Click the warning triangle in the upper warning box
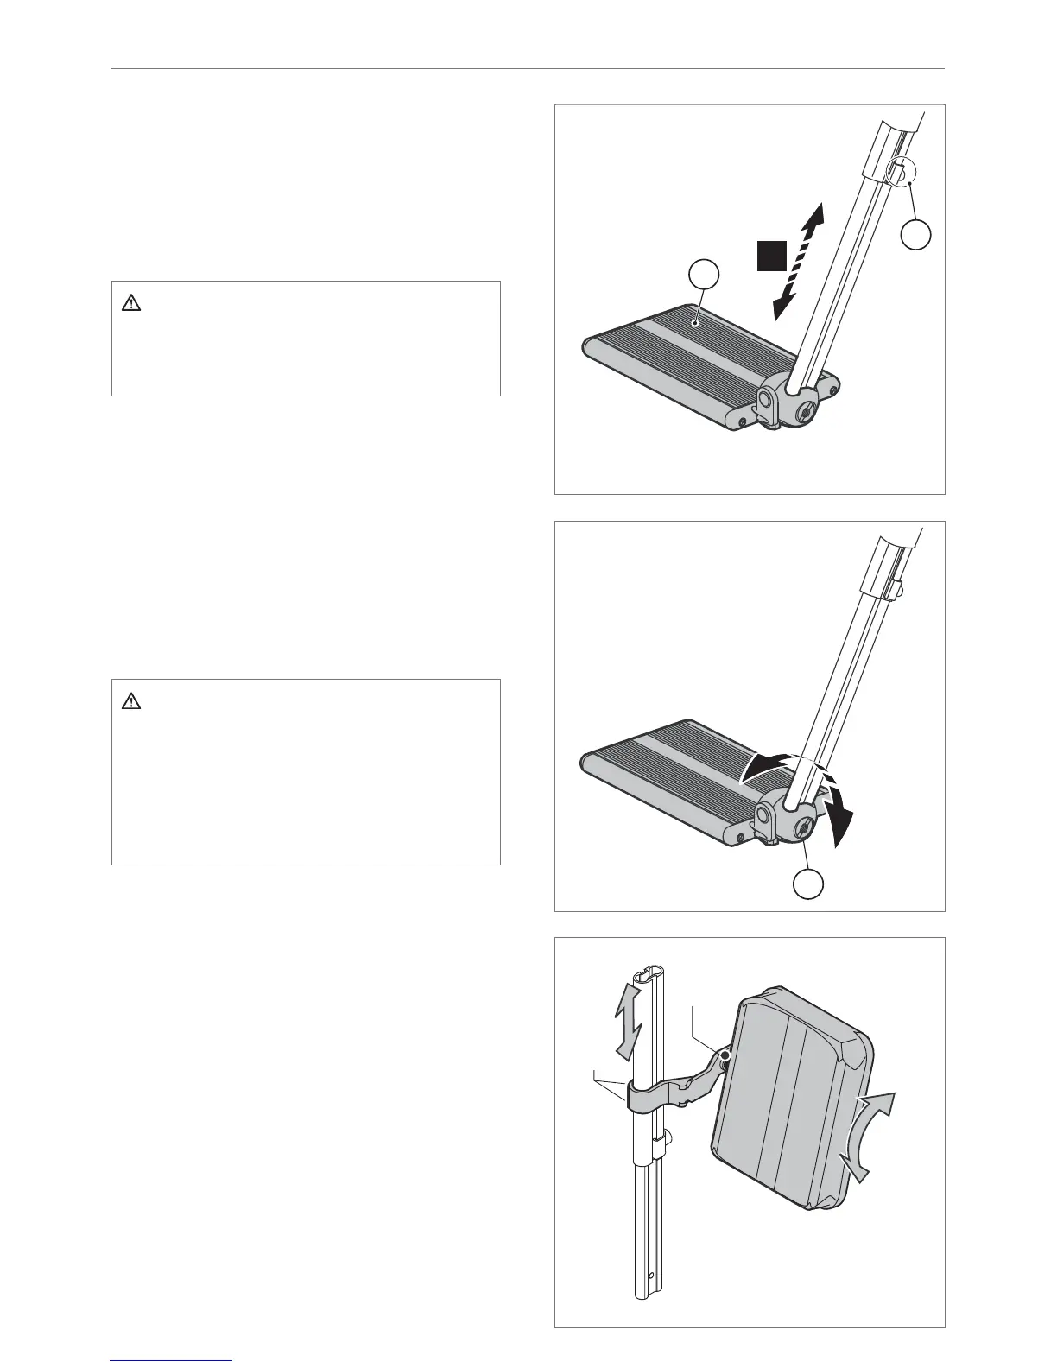pos(131,303)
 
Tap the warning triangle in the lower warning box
pos(131,701)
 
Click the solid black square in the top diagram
pos(773,256)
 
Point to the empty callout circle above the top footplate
pos(705,275)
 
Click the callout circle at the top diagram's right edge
pos(917,234)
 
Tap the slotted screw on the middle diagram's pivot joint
pos(802,830)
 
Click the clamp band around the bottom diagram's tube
pos(642,1099)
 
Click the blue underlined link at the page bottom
pos(172,1362)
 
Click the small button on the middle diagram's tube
pos(898,590)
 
